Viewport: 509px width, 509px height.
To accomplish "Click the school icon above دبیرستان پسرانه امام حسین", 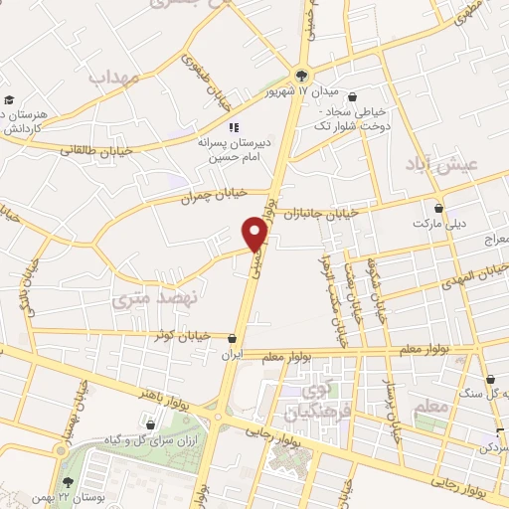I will point(235,127).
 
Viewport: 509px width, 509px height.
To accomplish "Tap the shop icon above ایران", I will point(232,339).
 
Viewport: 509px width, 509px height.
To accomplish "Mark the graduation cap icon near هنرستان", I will point(8,99).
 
